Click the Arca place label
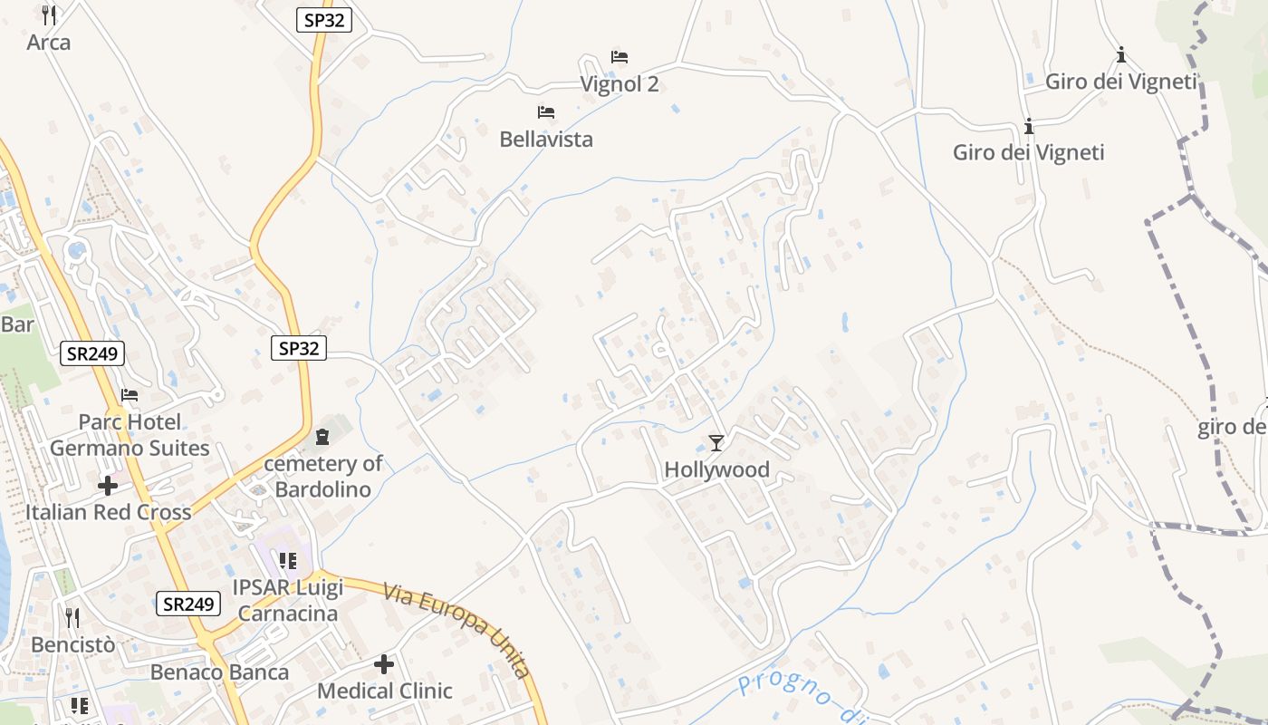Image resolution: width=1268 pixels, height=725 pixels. [49, 43]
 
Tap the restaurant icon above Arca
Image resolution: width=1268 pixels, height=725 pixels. [49, 14]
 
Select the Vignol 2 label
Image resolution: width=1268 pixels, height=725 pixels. [620, 84]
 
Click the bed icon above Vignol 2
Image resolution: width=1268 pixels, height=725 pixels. [620, 56]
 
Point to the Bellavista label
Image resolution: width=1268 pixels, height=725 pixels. [546, 140]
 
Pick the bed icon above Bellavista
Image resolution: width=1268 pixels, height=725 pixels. [546, 112]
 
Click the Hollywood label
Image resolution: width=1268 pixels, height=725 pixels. [716, 469]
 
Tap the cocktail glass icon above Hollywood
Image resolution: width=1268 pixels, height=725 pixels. [716, 442]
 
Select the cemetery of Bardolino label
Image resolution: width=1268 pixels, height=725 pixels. [323, 477]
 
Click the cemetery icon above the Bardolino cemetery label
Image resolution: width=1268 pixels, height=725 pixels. [322, 438]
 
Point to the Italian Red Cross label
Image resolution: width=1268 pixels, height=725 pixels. [108, 512]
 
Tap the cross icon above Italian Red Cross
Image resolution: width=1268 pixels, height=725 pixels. [108, 486]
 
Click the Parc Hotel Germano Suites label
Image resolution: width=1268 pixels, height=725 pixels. [130, 435]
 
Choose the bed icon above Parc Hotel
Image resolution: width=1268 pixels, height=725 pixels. [130, 395]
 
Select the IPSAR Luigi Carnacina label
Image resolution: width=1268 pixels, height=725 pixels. [286, 601]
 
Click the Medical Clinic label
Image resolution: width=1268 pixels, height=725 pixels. [384, 691]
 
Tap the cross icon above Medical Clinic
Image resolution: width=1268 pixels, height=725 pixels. [384, 664]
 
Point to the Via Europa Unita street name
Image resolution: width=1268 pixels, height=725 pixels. [456, 631]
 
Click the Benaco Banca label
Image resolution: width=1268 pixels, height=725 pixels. [220, 672]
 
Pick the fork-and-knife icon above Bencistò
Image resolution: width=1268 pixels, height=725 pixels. [72, 618]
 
